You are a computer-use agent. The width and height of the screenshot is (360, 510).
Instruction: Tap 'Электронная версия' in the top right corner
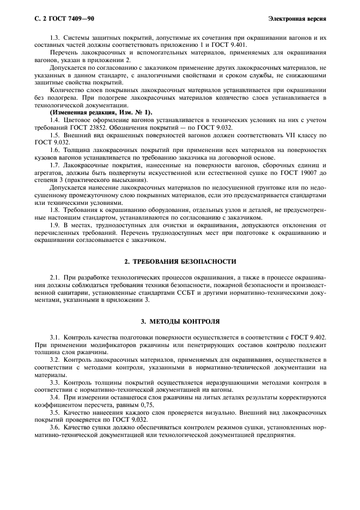pos(297,19)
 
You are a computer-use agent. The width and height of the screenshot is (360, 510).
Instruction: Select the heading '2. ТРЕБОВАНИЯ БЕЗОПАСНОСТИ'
pos(180,261)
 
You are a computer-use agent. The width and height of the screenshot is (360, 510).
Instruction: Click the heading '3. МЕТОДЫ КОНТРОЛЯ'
pos(180,321)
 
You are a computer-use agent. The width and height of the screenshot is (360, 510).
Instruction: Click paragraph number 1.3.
pos(55,36)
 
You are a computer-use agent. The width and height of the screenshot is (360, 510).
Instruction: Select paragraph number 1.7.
pos(55,164)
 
